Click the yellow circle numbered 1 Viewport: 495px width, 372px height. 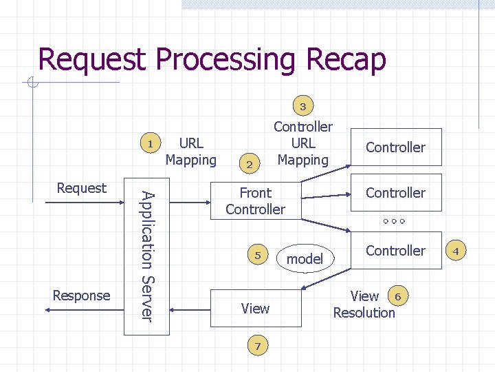tap(151, 143)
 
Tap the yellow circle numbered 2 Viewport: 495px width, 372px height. tap(250, 163)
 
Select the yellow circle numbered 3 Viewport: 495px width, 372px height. tap(303, 105)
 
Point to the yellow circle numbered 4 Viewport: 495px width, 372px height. tap(456, 250)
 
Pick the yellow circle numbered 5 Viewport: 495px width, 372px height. tap(258, 254)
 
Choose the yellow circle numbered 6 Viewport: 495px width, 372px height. tap(398, 296)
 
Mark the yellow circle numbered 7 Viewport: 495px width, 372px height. tap(258, 345)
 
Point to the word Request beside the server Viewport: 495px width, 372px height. tap(81, 188)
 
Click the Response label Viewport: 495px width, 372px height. tap(81, 296)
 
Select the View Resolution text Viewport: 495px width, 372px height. tap(364, 304)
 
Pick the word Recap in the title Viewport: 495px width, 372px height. tap(346, 59)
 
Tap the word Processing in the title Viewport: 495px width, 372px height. tap(225, 59)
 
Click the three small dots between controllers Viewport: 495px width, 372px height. tap(394, 221)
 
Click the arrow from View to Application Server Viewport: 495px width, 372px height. tap(190, 310)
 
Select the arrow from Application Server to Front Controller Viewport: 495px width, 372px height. tap(190, 202)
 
